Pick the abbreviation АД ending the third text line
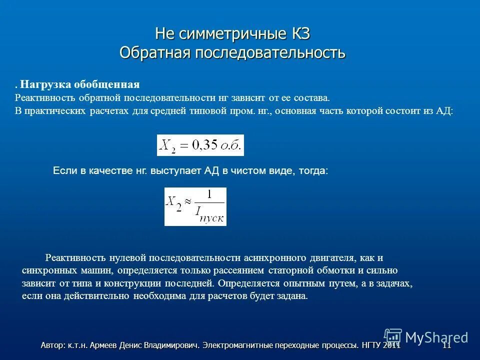pos(443,111)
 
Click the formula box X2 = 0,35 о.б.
pos(200,145)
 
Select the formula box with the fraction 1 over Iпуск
pos(195,206)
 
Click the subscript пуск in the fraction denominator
pos(213,218)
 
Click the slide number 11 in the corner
pos(446,345)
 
